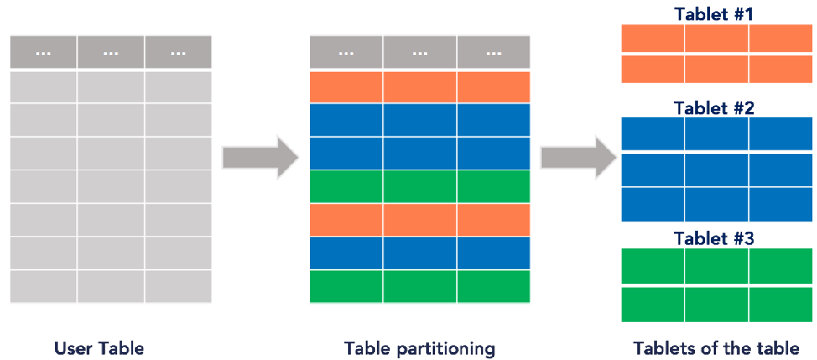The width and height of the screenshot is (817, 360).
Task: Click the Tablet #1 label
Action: pyautogui.click(x=716, y=14)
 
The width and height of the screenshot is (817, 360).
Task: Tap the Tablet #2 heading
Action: pyautogui.click(x=716, y=107)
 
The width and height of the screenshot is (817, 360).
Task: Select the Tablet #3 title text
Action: pyautogui.click(x=716, y=238)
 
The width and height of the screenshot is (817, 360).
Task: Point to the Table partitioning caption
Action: pyautogui.click(x=419, y=347)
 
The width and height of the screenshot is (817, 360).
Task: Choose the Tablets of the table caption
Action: pyautogui.click(x=716, y=347)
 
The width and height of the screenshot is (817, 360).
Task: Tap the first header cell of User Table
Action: pyautogui.click(x=44, y=52)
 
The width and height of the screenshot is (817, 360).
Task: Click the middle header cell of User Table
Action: pyautogui.click(x=111, y=52)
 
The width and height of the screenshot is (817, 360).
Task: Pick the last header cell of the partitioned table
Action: pyautogui.click(x=493, y=52)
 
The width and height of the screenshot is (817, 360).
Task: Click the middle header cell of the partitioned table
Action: pyautogui.click(x=420, y=52)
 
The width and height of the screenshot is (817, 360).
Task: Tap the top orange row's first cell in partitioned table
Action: pyautogui.click(x=346, y=86)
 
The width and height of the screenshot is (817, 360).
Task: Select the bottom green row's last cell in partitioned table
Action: pyautogui.click(x=493, y=286)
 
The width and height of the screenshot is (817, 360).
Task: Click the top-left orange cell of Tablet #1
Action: pyautogui.click(x=653, y=39)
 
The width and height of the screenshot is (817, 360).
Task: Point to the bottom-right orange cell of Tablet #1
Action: pyautogui.click(x=780, y=69)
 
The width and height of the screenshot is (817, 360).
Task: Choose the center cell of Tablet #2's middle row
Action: pyautogui.click(x=716, y=169)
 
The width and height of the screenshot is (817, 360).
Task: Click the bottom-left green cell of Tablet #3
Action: pyautogui.click(x=653, y=304)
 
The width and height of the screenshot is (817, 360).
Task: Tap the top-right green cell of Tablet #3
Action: pyautogui.click(x=780, y=266)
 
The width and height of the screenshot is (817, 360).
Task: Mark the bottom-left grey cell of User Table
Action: pyautogui.click(x=44, y=286)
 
